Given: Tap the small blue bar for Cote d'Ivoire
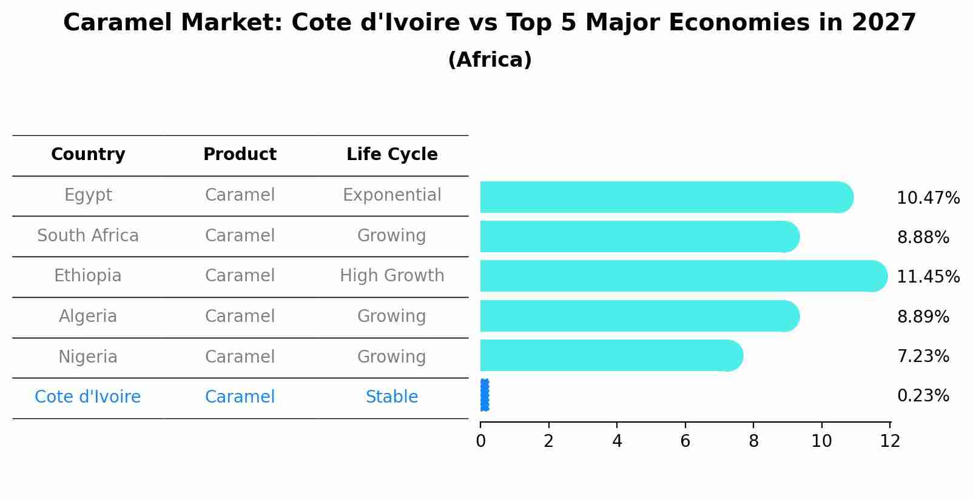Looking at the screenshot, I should pyautogui.click(x=484, y=395).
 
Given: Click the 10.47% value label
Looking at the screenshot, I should pyautogui.click(x=928, y=198).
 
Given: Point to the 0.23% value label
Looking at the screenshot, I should pyautogui.click(x=923, y=396).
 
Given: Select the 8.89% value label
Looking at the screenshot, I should pyautogui.click(x=923, y=316).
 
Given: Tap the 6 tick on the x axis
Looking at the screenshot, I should pyautogui.click(x=685, y=441).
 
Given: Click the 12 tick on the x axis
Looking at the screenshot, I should pyautogui.click(x=889, y=441).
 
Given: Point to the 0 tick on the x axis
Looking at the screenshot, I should pyautogui.click(x=480, y=441).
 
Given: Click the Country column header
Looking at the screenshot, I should pyautogui.click(x=88, y=155).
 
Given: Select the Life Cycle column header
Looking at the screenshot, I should pyautogui.click(x=392, y=155).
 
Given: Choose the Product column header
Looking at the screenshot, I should pyautogui.click(x=240, y=155).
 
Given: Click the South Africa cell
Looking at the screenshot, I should pyautogui.click(x=88, y=236).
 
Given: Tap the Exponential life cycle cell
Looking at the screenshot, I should pyautogui.click(x=392, y=195).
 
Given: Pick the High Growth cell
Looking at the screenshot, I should pyautogui.click(x=392, y=276).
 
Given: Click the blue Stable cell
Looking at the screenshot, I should pyautogui.click(x=392, y=397).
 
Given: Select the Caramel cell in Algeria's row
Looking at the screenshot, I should pyautogui.click(x=240, y=316).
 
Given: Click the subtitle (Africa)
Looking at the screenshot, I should pyautogui.click(x=490, y=60).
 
